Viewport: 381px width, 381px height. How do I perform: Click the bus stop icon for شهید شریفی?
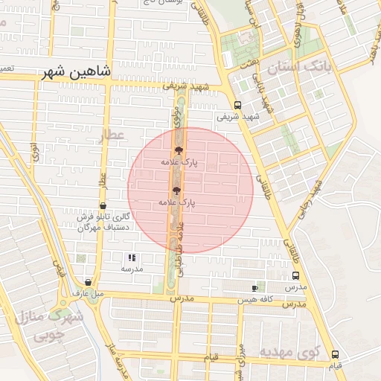(x=237, y=105)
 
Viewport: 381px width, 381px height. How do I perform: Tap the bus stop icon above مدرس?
(x=295, y=275)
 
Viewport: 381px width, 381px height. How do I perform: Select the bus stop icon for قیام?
(x=335, y=355)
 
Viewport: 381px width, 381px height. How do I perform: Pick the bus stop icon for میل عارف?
(x=89, y=283)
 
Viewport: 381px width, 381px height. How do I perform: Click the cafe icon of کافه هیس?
(x=255, y=288)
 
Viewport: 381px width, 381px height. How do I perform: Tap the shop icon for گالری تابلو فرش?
(x=103, y=206)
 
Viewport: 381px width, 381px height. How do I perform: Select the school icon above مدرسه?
(x=132, y=257)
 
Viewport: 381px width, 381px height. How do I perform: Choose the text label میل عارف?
(x=86, y=293)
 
